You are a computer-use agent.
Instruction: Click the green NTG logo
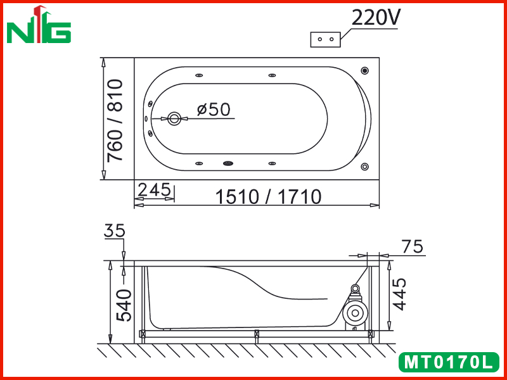tap(39, 25)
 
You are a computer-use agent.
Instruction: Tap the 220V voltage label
tap(376, 17)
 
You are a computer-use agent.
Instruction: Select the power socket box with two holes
tap(325, 39)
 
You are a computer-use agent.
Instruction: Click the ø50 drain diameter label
tap(214, 109)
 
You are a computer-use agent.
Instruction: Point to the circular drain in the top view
tap(174, 119)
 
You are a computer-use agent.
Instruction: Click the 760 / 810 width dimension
tap(115, 120)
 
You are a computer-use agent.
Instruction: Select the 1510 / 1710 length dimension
tap(268, 196)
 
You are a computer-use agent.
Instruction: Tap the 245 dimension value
tap(154, 189)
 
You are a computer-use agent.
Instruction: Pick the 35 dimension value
tap(115, 231)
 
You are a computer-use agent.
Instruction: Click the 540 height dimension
tap(124, 305)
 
